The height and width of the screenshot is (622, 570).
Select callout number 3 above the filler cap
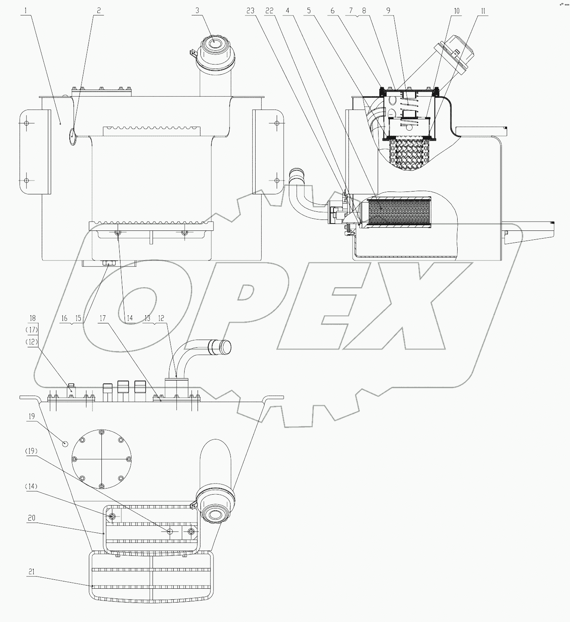tap(197, 11)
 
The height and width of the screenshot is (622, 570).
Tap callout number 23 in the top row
tap(250, 11)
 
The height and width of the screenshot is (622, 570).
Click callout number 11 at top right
tap(483, 11)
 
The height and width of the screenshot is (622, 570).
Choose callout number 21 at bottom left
tap(31, 572)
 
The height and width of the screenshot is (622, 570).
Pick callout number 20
tap(31, 518)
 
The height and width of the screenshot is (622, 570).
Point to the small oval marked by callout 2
tap(72, 136)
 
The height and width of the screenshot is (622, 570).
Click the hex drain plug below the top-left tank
tap(109, 263)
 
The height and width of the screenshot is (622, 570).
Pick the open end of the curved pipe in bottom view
tap(225, 347)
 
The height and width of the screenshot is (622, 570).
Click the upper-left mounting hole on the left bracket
tap(26, 123)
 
